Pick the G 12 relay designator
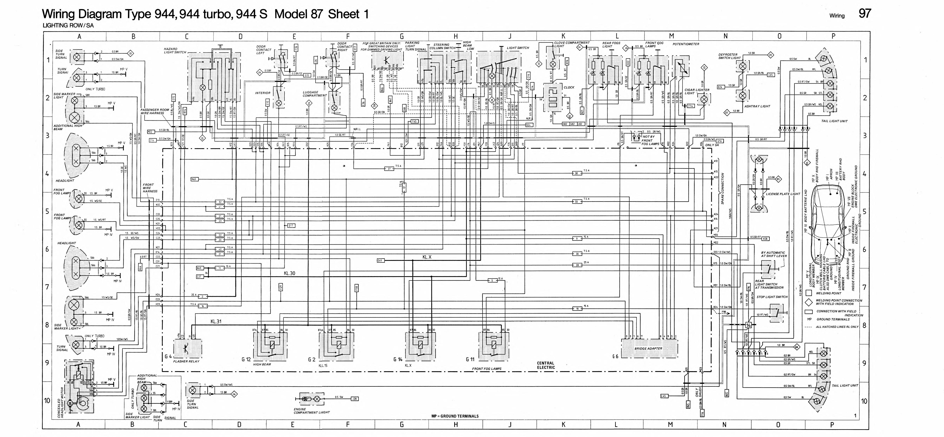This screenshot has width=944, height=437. (x=246, y=359)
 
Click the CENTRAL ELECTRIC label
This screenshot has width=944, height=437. (x=546, y=365)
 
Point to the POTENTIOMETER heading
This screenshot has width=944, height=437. (x=686, y=44)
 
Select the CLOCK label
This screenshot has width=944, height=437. (x=569, y=87)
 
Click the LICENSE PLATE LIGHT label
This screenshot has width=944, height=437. (x=783, y=194)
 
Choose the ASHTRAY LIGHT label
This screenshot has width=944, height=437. (x=757, y=106)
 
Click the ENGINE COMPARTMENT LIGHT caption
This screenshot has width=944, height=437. (x=312, y=411)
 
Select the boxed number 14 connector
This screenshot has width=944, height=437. (x=748, y=325)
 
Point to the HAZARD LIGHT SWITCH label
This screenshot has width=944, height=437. (x=175, y=50)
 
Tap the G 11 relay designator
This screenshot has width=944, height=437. (x=470, y=359)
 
